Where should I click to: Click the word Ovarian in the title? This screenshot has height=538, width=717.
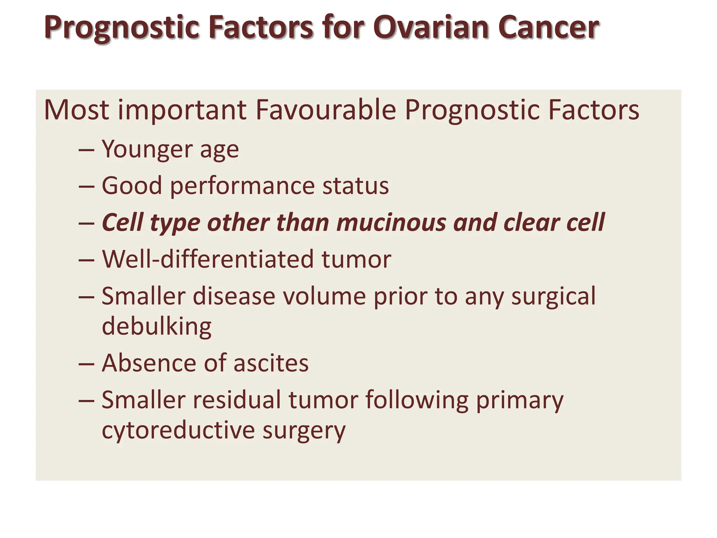coord(431,27)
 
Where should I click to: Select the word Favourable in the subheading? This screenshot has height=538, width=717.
coord(326,110)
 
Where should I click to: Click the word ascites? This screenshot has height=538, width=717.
coord(271,363)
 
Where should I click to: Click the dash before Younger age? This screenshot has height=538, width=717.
coord(86,150)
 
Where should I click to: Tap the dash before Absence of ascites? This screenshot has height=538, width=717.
coord(86,364)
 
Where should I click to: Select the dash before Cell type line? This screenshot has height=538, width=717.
coord(86,223)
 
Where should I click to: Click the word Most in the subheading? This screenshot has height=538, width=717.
coord(76,110)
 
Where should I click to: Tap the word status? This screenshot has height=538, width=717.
coord(355,186)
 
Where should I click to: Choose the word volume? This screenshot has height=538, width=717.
coord(323,296)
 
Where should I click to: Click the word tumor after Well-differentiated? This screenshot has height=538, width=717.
coord(356,259)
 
